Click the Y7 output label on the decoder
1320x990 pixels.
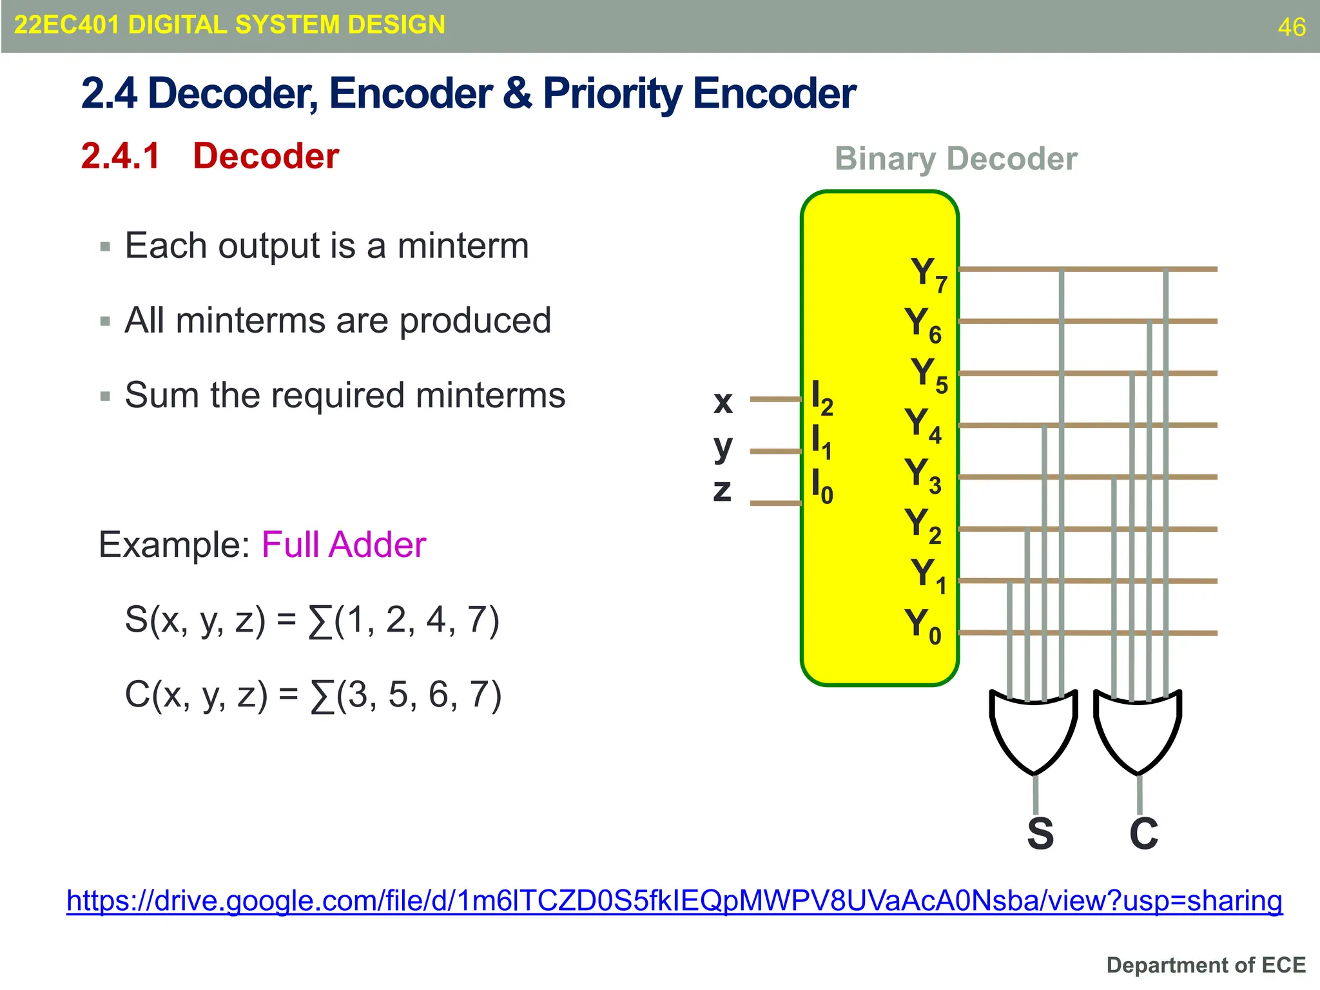pos(928,274)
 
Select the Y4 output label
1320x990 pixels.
pos(922,425)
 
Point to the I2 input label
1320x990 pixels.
pos(822,398)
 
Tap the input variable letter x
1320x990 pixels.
pos(723,402)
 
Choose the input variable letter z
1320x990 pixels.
pos(723,490)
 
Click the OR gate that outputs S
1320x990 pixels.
pos(1034,731)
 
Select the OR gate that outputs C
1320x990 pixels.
pos(1138,731)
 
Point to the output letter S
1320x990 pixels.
pos(1040,834)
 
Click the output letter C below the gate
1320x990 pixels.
pos(1144,834)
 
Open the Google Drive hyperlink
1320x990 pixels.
pos(674,901)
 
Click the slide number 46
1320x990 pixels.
pos(1291,27)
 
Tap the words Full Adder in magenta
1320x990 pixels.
pos(344,545)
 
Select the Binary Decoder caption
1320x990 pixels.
pos(955,159)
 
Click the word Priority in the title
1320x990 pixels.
pos(612,93)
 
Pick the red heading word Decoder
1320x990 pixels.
pos(266,156)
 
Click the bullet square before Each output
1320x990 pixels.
pos(106,246)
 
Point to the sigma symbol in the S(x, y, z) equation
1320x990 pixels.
pos(320,621)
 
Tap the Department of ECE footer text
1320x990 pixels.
pos(1205,965)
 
